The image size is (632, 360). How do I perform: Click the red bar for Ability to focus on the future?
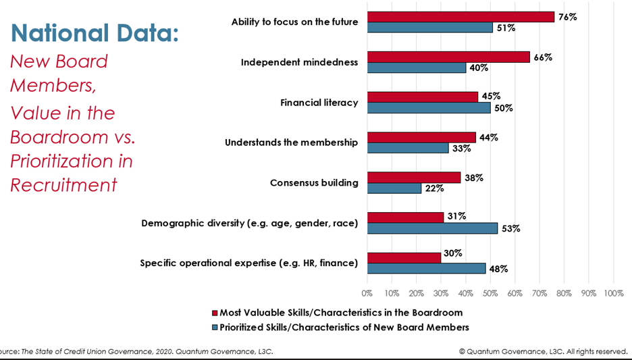(x=460, y=17)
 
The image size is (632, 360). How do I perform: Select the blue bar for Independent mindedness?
(x=417, y=68)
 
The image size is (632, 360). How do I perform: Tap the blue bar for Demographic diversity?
(x=432, y=228)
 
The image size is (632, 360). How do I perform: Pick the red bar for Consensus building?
(x=414, y=178)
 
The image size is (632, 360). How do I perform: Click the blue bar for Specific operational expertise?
(x=426, y=268)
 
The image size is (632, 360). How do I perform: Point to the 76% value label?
(x=567, y=17)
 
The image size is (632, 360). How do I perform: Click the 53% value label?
(x=510, y=228)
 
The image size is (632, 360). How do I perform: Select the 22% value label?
(x=433, y=188)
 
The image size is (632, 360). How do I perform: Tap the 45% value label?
(x=491, y=97)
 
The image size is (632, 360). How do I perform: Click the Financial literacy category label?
(x=319, y=103)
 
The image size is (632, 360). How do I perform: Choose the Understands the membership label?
(x=291, y=143)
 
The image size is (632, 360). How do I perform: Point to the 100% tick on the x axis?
(x=613, y=294)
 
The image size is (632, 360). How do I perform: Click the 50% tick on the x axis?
(x=490, y=294)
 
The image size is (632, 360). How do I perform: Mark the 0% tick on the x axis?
(x=367, y=294)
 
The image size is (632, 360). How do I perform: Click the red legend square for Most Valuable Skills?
(x=215, y=313)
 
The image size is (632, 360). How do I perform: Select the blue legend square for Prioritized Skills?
(x=215, y=328)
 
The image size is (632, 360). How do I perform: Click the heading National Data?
(x=95, y=32)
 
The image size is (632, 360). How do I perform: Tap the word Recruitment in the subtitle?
(x=63, y=184)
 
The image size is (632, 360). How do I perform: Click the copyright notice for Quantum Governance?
(x=543, y=351)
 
